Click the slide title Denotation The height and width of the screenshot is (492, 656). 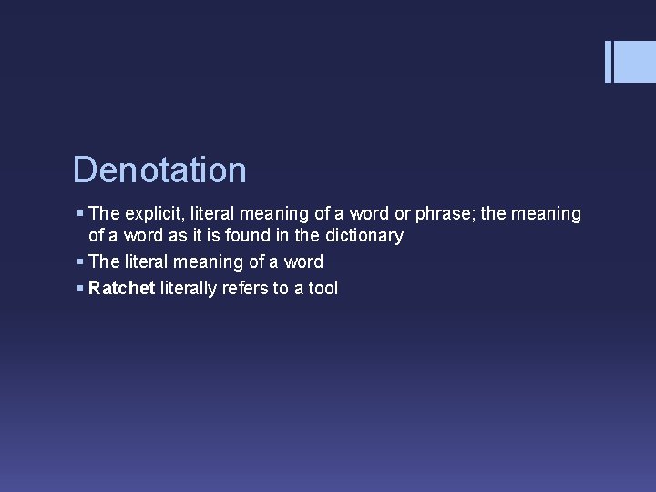tap(159, 170)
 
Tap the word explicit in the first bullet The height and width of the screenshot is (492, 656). tap(153, 214)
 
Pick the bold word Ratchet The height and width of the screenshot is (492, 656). tap(122, 289)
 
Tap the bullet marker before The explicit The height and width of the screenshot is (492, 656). tap(80, 213)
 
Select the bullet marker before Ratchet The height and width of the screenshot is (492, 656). tap(80, 288)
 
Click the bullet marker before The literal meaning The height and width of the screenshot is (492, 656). tap(80, 261)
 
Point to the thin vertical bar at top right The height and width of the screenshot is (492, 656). tap(608, 62)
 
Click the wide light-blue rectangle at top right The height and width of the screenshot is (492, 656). tap(635, 62)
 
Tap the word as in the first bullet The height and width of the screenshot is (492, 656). tap(175, 236)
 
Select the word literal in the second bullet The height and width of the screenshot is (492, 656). tap(149, 262)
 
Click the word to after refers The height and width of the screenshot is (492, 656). tap(282, 289)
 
